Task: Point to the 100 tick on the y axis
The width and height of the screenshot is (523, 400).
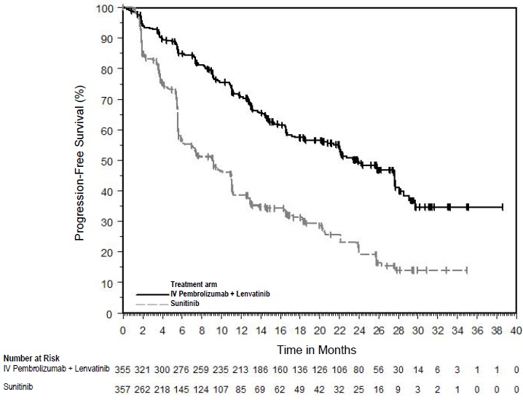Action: click(x=106, y=8)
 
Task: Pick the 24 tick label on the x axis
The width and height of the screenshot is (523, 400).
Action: click(x=359, y=329)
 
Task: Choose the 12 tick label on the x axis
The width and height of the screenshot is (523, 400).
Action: click(x=241, y=329)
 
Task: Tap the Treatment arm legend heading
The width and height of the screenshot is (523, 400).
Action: click(x=195, y=283)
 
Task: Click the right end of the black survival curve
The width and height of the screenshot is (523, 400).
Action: click(x=503, y=207)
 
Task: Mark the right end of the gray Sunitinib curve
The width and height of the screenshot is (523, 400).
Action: click(x=466, y=270)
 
